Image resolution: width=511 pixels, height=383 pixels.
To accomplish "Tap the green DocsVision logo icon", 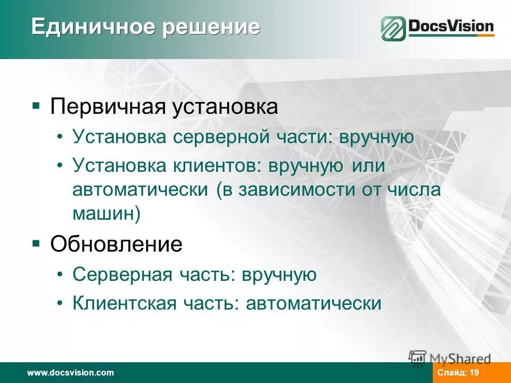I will pos(393,29).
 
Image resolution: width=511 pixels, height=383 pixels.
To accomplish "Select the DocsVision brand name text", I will pos(451,26).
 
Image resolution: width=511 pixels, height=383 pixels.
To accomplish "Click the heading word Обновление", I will pos(116,245).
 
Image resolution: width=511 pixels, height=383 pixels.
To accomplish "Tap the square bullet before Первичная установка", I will pos(36,106).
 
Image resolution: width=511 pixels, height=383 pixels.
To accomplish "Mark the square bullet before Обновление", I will pos(36,244).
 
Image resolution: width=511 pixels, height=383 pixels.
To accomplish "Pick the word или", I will pos(368,165).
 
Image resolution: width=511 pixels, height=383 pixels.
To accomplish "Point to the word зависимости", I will pos(296,189).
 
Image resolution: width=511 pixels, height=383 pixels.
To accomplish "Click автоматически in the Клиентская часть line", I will pos(314,303).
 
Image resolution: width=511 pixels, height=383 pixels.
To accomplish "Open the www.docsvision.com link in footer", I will pos(71,373).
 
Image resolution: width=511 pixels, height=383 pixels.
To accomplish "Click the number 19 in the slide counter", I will pos(475,373).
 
